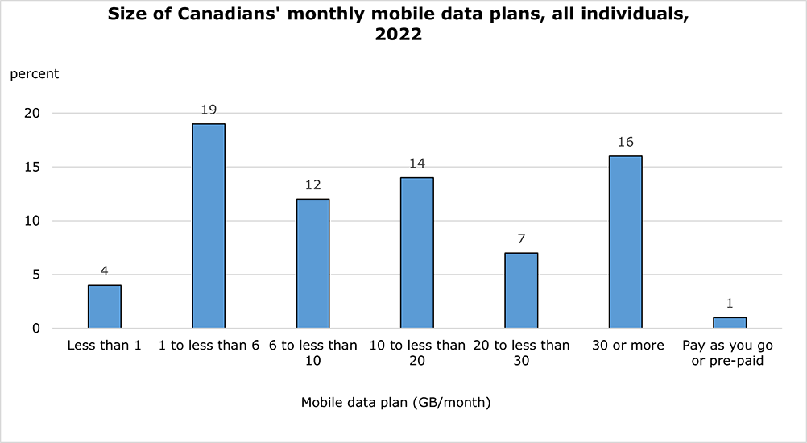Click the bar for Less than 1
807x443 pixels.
coord(104,307)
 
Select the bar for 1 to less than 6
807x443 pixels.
coord(209,226)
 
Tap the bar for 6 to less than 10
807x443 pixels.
coord(312,263)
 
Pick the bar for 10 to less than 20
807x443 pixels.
coord(417,253)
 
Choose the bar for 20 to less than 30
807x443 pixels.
coord(521,291)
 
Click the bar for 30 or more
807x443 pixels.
coord(625,242)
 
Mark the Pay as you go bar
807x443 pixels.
coord(730,322)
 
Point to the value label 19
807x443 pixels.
coord(209,110)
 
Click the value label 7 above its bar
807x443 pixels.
coord(521,239)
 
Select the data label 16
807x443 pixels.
coord(625,143)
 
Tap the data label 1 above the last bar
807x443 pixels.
coord(730,304)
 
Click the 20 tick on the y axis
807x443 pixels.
coord(31,114)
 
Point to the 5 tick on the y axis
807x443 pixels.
coord(35,275)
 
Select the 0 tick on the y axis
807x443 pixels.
coord(35,329)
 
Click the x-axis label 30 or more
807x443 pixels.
coord(625,346)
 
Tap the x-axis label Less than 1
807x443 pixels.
coord(104,346)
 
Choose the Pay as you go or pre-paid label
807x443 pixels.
coord(730,353)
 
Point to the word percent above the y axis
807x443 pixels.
coord(34,74)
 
